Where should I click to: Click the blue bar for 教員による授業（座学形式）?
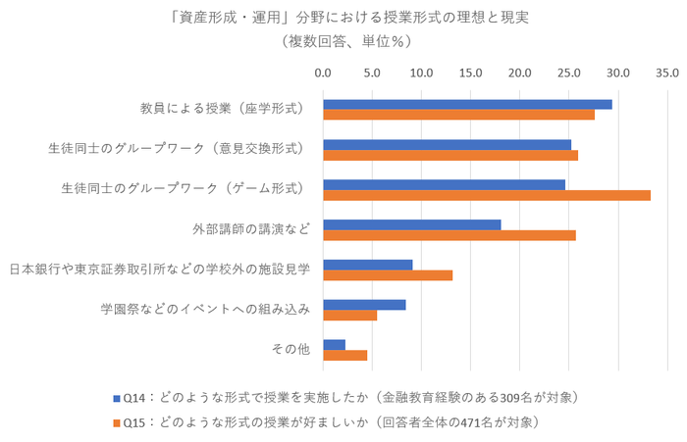(x=467, y=104)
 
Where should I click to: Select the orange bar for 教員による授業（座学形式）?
(x=458, y=115)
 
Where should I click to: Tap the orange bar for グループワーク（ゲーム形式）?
(x=487, y=195)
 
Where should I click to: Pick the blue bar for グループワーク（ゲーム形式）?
(x=444, y=184)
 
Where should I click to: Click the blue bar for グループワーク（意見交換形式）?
(x=447, y=144)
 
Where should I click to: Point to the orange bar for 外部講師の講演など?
(x=449, y=235)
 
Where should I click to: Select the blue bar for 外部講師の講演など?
(x=411, y=224)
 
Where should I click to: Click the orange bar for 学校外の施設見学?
(x=388, y=275)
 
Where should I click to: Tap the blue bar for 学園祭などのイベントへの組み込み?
(x=364, y=305)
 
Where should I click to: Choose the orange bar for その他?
(x=344, y=355)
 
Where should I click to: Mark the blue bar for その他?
(x=334, y=344)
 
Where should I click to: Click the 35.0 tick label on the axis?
(x=667, y=73)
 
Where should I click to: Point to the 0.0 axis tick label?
(x=323, y=73)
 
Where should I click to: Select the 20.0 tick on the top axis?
(x=519, y=73)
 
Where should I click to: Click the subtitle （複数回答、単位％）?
(x=343, y=41)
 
